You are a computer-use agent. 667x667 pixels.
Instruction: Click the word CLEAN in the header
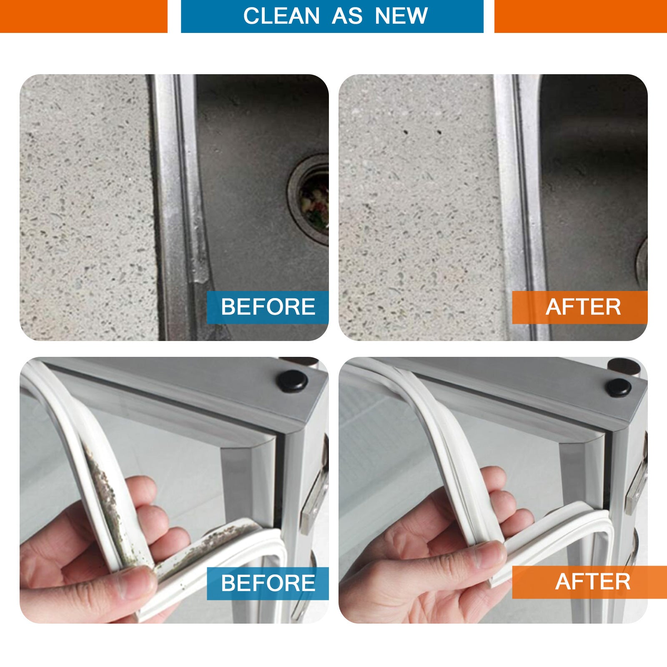(x=281, y=16)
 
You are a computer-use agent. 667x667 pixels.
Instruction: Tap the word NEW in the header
(x=401, y=16)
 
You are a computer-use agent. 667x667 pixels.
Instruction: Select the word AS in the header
(x=347, y=16)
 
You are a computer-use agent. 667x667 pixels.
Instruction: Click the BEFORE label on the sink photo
(x=268, y=307)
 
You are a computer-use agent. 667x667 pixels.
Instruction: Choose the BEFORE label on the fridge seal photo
(x=268, y=583)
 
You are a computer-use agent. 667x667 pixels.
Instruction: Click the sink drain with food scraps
(x=311, y=199)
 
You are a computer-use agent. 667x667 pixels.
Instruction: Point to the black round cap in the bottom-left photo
(x=293, y=381)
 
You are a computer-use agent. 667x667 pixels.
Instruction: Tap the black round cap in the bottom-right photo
(x=618, y=387)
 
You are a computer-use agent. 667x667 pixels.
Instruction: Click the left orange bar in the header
(x=83, y=16)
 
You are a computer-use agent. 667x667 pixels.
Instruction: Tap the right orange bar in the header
(x=581, y=16)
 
